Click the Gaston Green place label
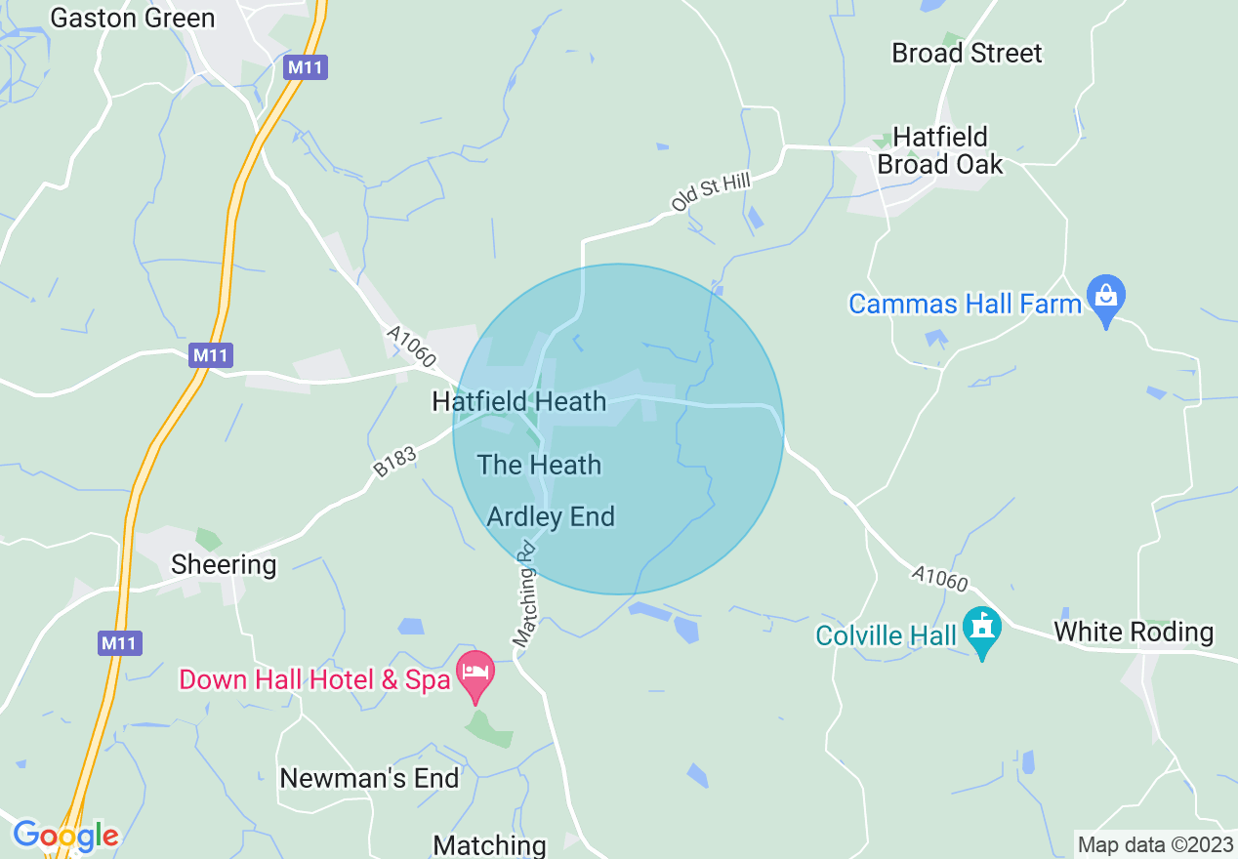click(132, 19)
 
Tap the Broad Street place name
click(967, 53)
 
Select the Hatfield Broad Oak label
click(939, 150)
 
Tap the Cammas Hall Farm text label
click(965, 304)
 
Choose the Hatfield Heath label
click(519, 401)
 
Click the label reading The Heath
click(539, 465)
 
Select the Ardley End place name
click(551, 516)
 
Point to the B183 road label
click(394, 462)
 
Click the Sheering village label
click(224, 564)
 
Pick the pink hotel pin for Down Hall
click(475, 675)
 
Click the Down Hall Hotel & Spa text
click(313, 679)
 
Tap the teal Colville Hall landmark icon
click(982, 630)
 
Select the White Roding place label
click(1134, 632)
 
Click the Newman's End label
click(369, 778)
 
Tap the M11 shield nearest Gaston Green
click(306, 67)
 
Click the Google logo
click(65, 836)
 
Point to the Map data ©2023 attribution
click(1154, 844)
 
